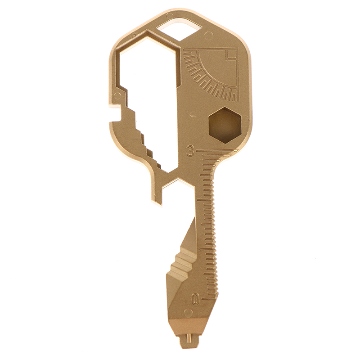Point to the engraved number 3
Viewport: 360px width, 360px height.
pos(190,150)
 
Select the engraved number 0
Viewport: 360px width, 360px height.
pos(196,299)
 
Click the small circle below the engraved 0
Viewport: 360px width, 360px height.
pos(188,313)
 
